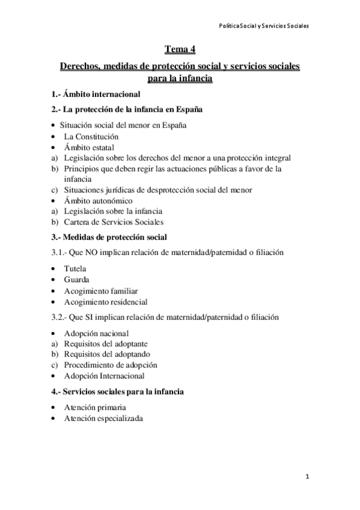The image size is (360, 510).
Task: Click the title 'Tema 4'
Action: click(x=180, y=49)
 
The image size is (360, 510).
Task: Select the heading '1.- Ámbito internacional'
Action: click(x=96, y=94)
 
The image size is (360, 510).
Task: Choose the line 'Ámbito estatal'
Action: click(x=90, y=147)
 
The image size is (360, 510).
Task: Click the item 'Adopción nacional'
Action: click(x=96, y=333)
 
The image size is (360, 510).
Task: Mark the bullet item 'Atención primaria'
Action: click(x=96, y=407)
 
